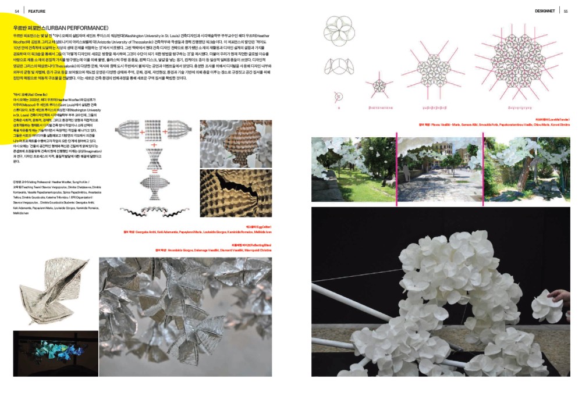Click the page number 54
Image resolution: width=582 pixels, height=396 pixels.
[17, 11]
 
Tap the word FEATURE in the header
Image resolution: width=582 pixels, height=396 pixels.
[37, 11]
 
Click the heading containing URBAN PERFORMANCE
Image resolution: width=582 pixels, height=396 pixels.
[61, 28]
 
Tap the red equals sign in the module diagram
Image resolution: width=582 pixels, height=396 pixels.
[154, 172]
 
